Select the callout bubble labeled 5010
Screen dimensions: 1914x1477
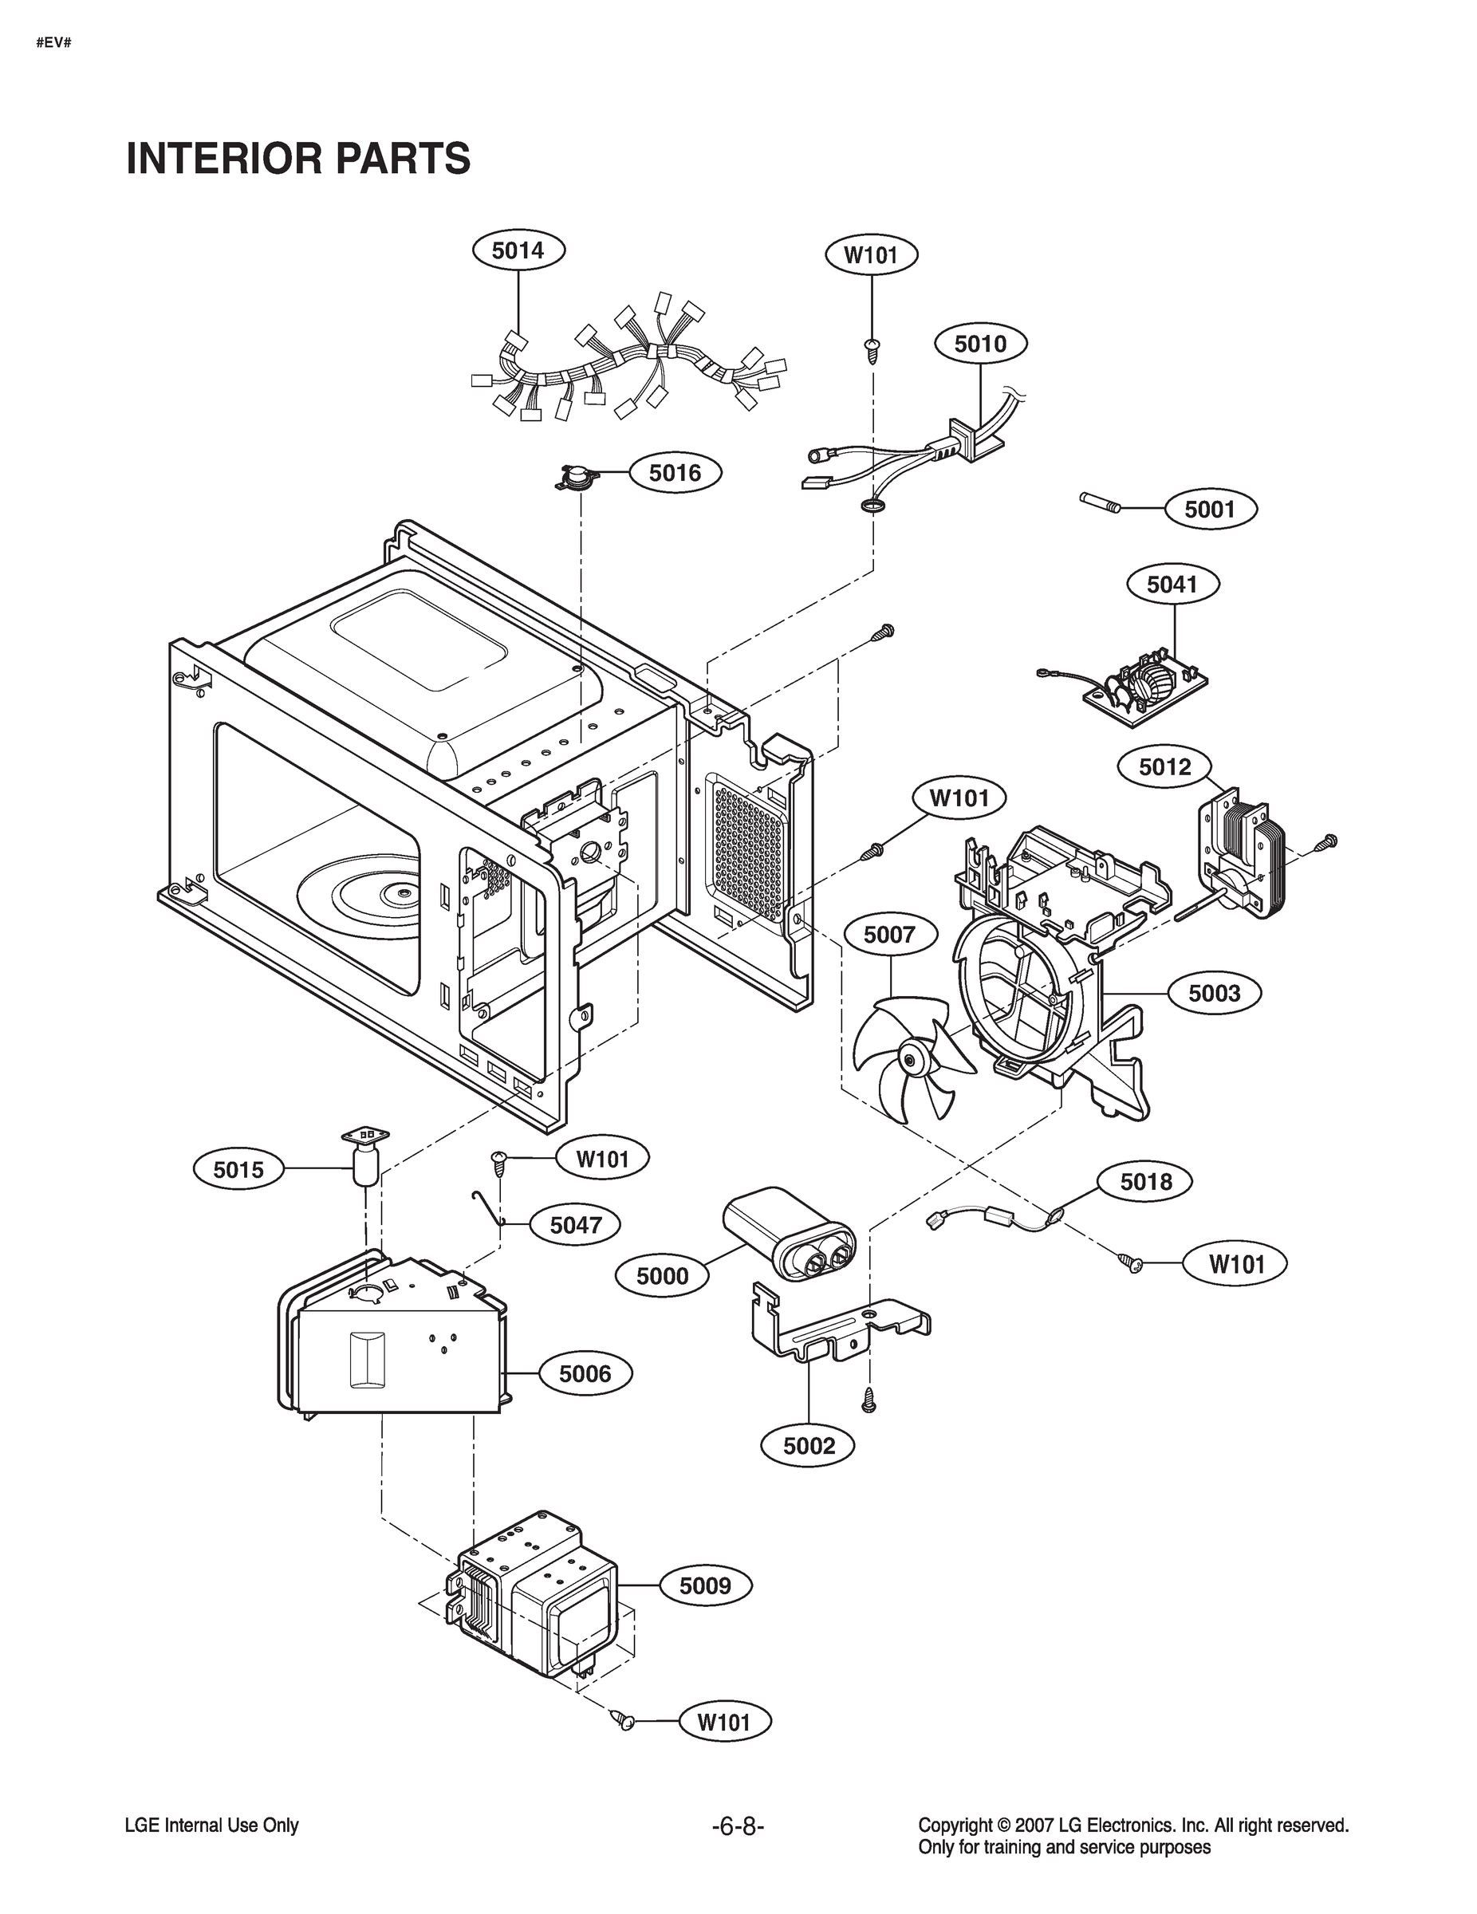(980, 344)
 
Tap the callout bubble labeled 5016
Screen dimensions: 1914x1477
(675, 473)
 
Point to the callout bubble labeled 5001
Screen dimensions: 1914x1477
(1210, 509)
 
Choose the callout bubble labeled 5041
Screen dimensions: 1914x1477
(1173, 584)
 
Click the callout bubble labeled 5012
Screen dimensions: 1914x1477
(1165, 768)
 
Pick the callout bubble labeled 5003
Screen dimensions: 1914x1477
(1214, 993)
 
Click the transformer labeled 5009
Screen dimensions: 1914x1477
(534, 1608)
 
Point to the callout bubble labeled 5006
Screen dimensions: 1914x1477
(585, 1373)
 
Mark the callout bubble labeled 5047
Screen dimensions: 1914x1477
(575, 1225)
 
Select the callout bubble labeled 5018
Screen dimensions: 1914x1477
(1146, 1182)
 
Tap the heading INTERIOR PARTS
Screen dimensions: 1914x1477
(298, 159)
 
